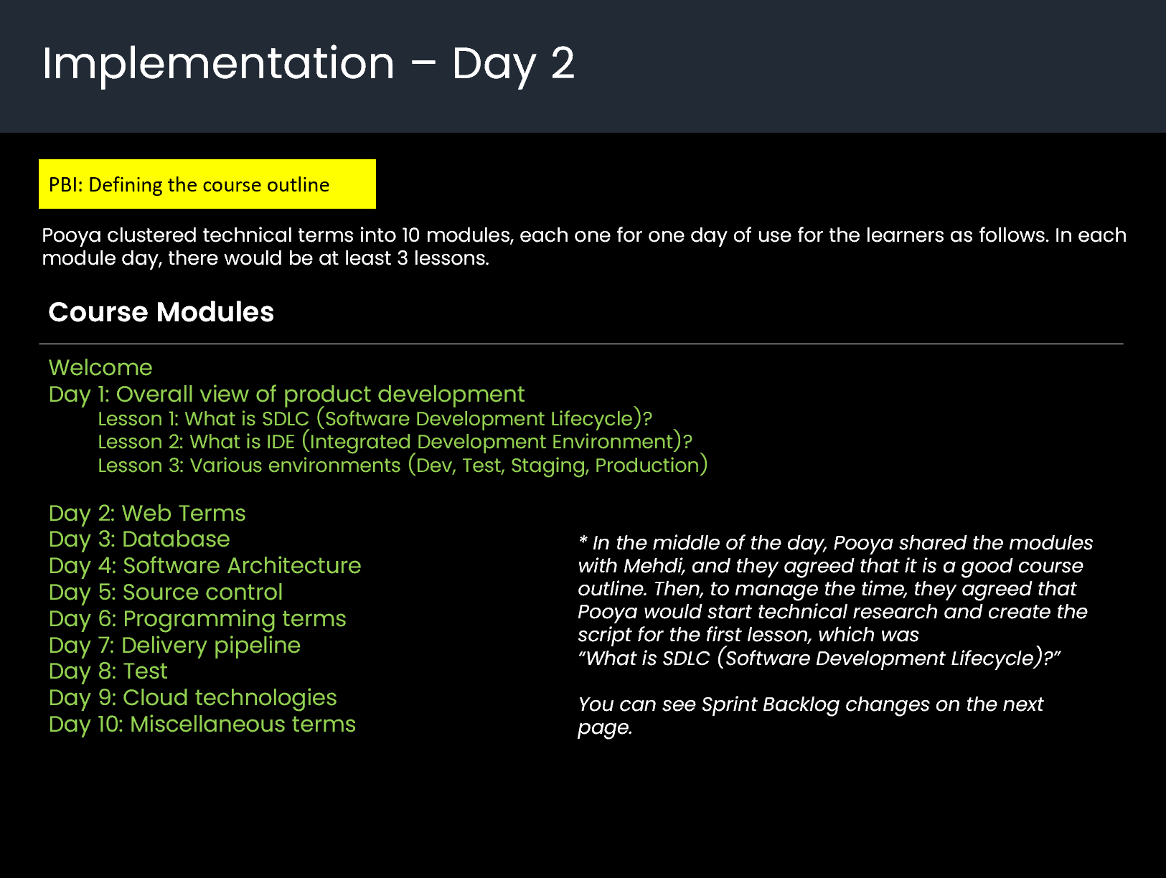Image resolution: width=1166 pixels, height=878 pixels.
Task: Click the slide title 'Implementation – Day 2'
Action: click(x=309, y=64)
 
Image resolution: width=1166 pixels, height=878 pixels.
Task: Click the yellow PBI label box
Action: click(x=207, y=184)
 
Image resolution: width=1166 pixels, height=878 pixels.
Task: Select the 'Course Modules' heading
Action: click(x=161, y=312)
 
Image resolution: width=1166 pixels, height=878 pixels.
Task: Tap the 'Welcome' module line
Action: click(x=100, y=368)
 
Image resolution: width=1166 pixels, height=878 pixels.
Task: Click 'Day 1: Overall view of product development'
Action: click(x=286, y=395)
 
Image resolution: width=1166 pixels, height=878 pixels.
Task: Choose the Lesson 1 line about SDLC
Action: click(x=375, y=419)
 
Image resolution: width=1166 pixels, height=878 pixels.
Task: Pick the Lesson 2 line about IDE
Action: click(x=395, y=442)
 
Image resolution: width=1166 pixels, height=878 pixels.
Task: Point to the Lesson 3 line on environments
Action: click(x=403, y=466)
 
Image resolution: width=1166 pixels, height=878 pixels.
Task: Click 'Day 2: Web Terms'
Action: click(x=147, y=514)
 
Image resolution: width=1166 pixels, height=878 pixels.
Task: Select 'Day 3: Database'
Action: click(x=139, y=539)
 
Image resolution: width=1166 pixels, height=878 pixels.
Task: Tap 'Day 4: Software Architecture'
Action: click(x=204, y=566)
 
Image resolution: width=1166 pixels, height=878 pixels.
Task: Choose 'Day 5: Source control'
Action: click(x=166, y=593)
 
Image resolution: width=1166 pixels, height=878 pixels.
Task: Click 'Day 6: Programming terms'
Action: click(x=197, y=619)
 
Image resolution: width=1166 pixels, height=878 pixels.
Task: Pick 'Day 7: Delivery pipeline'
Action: click(x=174, y=646)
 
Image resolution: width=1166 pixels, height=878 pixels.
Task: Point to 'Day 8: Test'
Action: click(x=108, y=671)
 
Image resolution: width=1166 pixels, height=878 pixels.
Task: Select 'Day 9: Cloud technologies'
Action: click(x=192, y=698)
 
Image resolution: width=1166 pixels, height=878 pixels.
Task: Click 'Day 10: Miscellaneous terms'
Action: click(x=202, y=724)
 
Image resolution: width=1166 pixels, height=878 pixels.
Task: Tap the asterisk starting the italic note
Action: click(x=583, y=540)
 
